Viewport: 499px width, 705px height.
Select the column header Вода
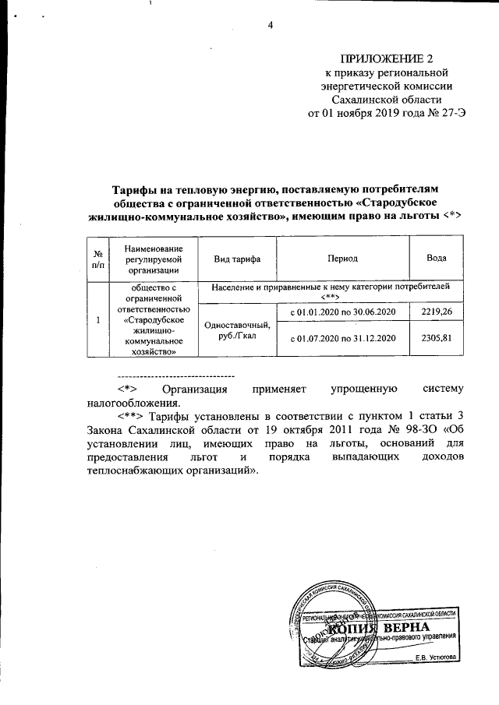tap(436, 258)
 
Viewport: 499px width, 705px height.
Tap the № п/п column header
tap(97, 258)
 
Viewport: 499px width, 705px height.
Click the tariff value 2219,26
tap(436, 312)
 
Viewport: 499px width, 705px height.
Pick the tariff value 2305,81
tap(436, 338)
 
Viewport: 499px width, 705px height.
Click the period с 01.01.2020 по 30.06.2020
tap(344, 312)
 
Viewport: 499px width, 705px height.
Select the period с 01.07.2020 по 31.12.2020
tap(344, 339)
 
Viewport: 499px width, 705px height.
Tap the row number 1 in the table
tap(97, 319)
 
